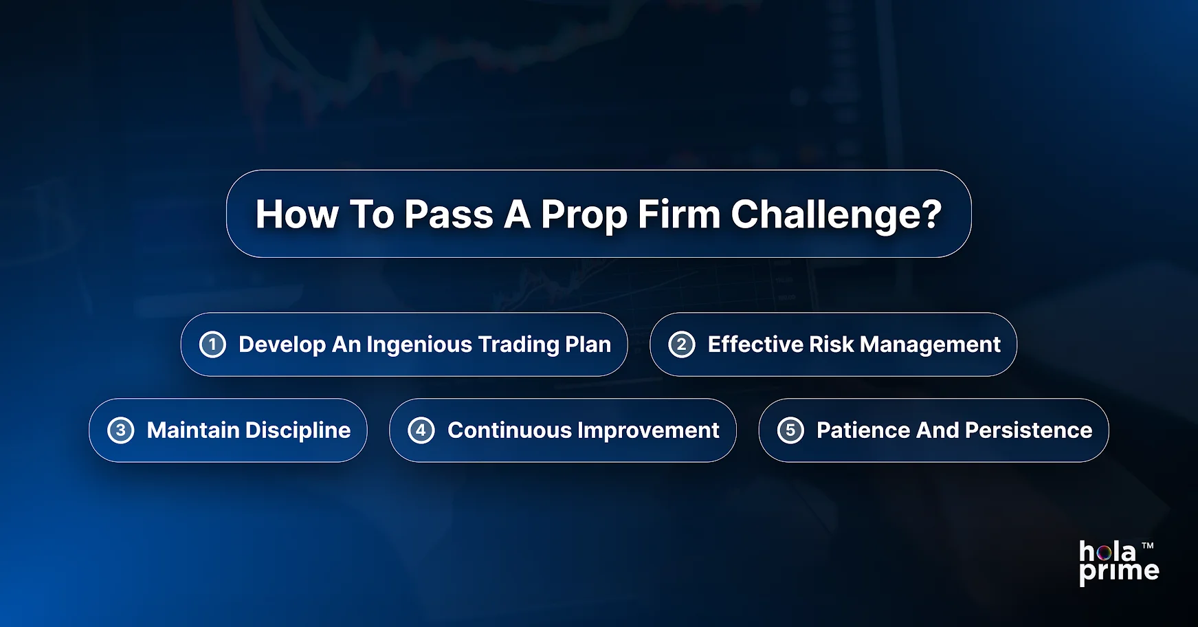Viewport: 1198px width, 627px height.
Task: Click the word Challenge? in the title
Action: coord(836,214)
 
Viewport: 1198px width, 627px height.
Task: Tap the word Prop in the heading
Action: coord(584,214)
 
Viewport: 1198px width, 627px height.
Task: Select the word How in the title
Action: coord(296,214)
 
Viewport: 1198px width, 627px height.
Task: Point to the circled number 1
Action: coord(212,344)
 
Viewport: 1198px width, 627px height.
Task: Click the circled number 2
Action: coord(681,344)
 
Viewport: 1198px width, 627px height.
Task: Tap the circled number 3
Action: coord(121,430)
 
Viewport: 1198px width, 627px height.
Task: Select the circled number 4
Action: coord(421,430)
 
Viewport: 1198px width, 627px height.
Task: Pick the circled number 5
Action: coord(790,430)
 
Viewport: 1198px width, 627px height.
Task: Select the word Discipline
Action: coord(298,430)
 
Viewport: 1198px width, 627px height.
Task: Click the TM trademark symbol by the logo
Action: coord(1147,546)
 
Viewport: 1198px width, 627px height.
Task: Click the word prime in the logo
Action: coord(1118,571)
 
